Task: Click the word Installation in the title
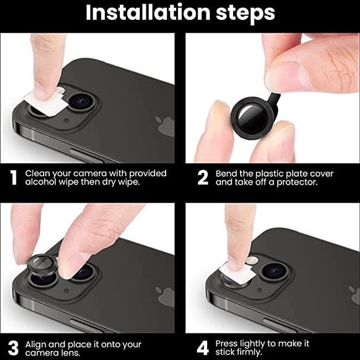147,12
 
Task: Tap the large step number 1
14,177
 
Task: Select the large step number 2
203,177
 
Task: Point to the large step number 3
13,348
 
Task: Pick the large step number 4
203,348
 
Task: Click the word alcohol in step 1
41,182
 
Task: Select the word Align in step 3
35,345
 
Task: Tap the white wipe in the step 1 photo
46,104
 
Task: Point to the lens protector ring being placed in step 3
42,266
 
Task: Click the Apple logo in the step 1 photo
165,126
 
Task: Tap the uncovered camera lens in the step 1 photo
82,102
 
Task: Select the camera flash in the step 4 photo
252,260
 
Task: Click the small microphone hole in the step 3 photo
66,291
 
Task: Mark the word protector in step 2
297,182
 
